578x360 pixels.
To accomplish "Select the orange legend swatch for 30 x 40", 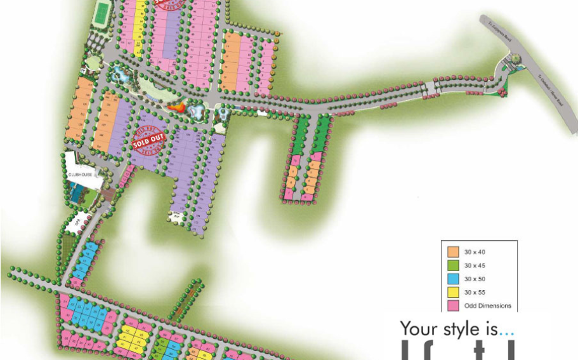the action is (453, 252).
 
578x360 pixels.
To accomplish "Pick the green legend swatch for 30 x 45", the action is (453, 265).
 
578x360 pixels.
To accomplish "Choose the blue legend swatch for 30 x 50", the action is (453, 279).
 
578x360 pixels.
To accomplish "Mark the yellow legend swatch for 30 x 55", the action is (453, 292).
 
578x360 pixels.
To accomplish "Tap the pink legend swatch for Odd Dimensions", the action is (453, 305).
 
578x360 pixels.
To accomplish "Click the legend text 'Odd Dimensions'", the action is (487, 305).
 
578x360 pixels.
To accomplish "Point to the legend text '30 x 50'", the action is (475, 279).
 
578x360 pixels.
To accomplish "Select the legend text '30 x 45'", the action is (475, 265).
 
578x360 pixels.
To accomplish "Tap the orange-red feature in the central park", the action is (179, 109).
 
